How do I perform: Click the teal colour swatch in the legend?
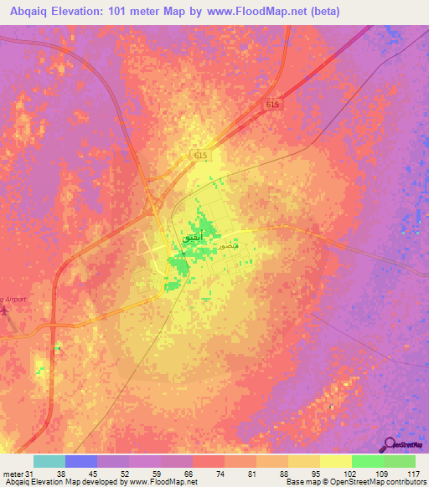coord(49,461)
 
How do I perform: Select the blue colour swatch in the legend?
coord(80,461)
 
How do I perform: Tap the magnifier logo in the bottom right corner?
coord(388,443)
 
